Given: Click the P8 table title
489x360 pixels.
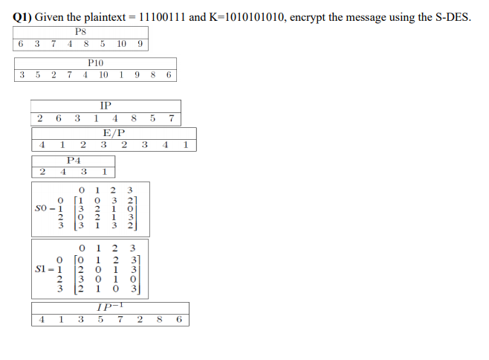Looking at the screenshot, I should pos(82,31).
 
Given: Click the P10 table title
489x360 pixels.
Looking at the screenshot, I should pos(95,64).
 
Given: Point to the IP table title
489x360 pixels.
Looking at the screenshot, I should pos(105,106).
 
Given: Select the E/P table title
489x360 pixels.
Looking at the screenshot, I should pos(114,132).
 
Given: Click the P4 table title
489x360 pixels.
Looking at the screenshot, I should pos(74,159).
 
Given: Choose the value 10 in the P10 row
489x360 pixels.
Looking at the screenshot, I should pos(103,75).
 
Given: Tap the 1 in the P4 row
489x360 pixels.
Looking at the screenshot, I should pos(104,171).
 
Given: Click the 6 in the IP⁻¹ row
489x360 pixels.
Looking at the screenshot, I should pos(179,320).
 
